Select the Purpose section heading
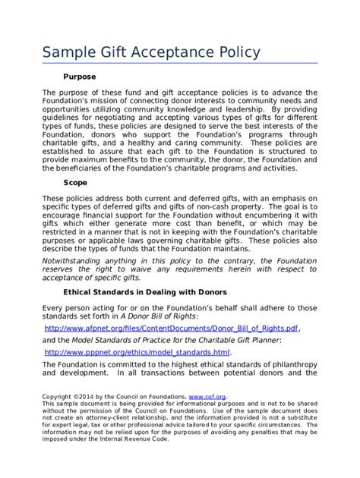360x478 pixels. click(79, 77)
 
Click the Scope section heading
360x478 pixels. click(75, 183)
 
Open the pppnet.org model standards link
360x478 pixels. click(137, 353)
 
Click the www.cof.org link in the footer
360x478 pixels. click(207, 396)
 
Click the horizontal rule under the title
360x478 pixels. click(179, 64)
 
